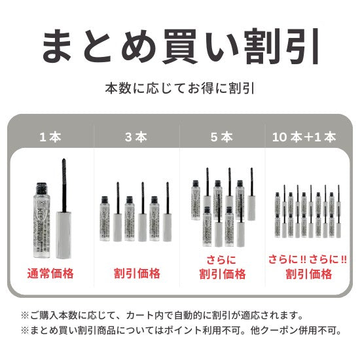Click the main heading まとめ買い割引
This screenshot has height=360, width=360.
[x=180, y=45]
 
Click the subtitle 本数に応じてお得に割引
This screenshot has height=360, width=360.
[x=180, y=88]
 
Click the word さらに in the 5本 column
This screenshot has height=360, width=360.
[x=223, y=259]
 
